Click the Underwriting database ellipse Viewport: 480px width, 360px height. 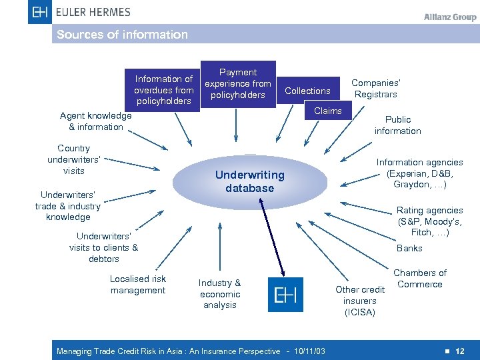pos(249,181)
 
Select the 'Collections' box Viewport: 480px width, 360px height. pos(307,91)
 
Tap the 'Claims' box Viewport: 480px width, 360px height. pos(327,111)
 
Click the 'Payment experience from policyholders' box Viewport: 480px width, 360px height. pos(238,84)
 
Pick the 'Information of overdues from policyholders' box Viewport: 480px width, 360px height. pos(164,90)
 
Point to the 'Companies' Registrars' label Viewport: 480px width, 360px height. pos(376,89)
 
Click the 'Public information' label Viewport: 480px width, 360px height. pos(398,125)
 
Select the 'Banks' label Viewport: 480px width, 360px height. pos(409,248)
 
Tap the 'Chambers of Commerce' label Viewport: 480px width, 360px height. pos(420,279)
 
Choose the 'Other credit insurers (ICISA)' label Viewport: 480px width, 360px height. pos(360,301)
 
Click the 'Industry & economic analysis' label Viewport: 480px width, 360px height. pos(220,294)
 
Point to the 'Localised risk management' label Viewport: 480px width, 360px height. pos(138,285)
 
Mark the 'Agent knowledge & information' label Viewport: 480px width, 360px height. pos(96,121)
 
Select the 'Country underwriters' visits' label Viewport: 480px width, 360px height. pos(73,159)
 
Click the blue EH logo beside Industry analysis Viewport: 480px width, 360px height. pos(285,295)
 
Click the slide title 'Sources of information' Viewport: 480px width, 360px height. pos(123,35)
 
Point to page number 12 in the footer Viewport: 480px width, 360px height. pos(460,351)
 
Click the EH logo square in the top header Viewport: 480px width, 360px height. pos(40,11)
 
